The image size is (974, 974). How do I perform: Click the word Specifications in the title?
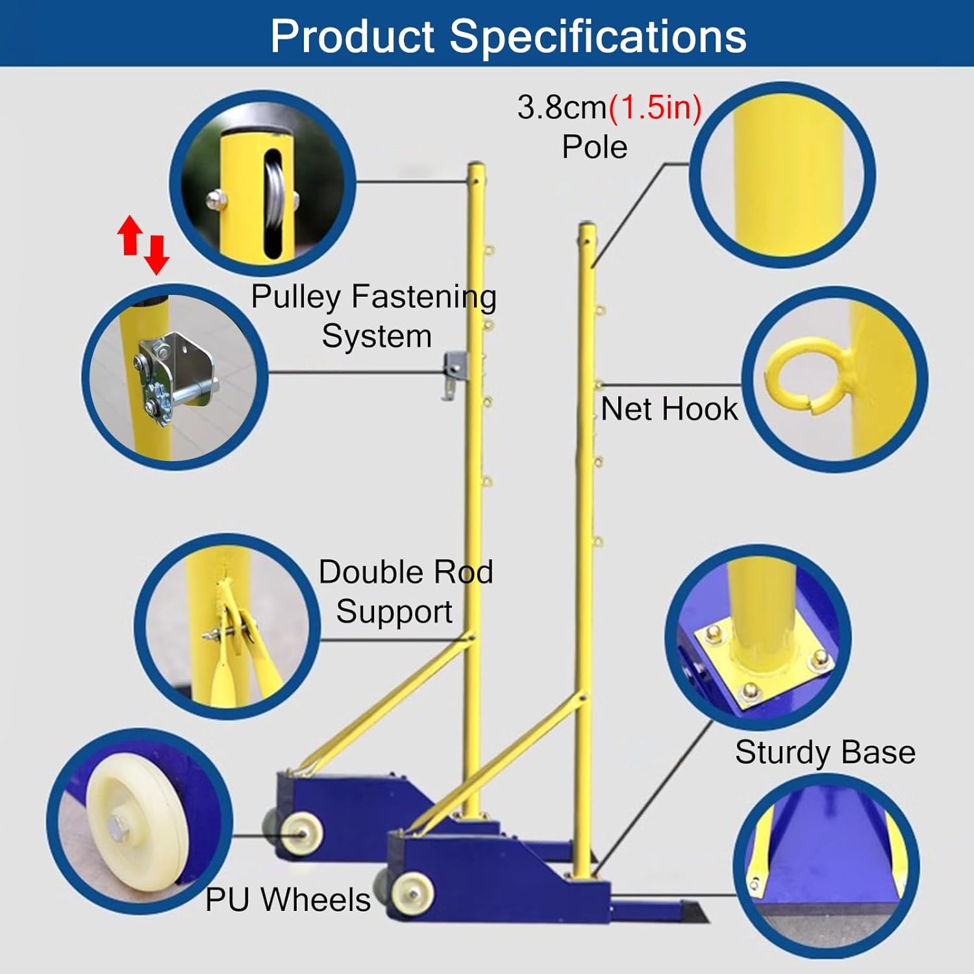tap(598, 36)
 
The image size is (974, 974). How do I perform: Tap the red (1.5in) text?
tap(655, 107)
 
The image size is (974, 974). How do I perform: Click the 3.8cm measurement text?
tap(562, 107)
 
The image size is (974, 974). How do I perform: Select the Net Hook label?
tap(669, 409)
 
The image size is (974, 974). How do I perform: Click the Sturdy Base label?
tap(825, 753)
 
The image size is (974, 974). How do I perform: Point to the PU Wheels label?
tap(288, 899)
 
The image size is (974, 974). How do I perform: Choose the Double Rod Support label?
tap(405, 592)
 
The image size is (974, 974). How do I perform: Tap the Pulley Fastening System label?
tap(374, 316)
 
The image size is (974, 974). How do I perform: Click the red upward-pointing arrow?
tap(130, 234)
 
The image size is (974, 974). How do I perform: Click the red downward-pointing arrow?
tap(156, 255)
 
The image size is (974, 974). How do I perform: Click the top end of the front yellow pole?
tap(587, 227)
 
